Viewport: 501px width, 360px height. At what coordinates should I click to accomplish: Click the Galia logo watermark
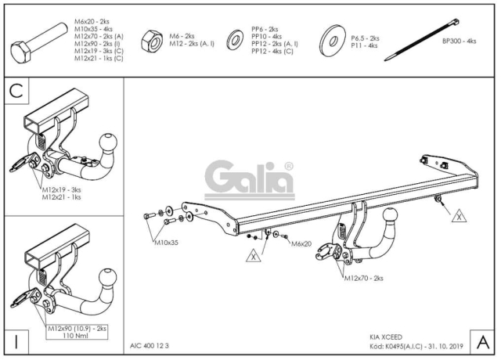pyautogui.click(x=250, y=180)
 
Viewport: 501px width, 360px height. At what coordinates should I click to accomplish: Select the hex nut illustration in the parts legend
pyautogui.click(x=152, y=41)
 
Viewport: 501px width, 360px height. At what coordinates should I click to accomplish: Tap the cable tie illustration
pyautogui.click(x=422, y=40)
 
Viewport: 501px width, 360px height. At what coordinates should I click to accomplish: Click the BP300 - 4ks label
pyautogui.click(x=460, y=41)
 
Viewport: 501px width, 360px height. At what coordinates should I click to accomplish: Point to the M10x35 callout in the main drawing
pyautogui.click(x=166, y=243)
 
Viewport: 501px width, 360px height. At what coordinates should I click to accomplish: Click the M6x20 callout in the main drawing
pyautogui.click(x=301, y=244)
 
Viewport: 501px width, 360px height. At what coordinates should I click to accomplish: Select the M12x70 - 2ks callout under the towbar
pyautogui.click(x=363, y=279)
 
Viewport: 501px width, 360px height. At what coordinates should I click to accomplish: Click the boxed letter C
pyautogui.click(x=16, y=91)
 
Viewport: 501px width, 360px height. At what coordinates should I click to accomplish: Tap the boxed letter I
pyautogui.click(x=16, y=341)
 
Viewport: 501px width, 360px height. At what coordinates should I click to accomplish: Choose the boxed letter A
pyautogui.click(x=482, y=342)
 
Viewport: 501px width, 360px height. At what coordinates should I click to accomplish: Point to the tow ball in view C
pyautogui.click(x=108, y=142)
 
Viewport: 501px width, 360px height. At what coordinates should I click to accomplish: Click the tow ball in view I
pyautogui.click(x=108, y=278)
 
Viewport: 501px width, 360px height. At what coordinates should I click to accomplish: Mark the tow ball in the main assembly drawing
pyautogui.click(x=390, y=217)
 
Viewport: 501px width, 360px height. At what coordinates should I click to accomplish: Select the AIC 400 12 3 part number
pyautogui.click(x=150, y=346)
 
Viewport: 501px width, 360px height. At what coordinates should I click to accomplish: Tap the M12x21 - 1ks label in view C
pyautogui.click(x=62, y=197)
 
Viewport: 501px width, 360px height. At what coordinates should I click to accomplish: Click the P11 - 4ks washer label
pyautogui.click(x=364, y=45)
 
